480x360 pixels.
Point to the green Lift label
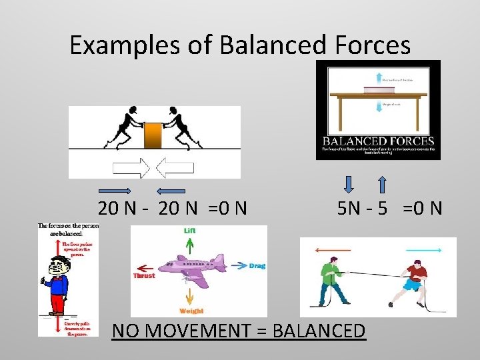(x=190, y=231)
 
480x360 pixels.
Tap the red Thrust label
(x=144, y=275)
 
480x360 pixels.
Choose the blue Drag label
(x=257, y=266)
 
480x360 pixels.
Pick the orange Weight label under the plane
(x=191, y=311)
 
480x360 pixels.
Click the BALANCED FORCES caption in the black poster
(x=378, y=141)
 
